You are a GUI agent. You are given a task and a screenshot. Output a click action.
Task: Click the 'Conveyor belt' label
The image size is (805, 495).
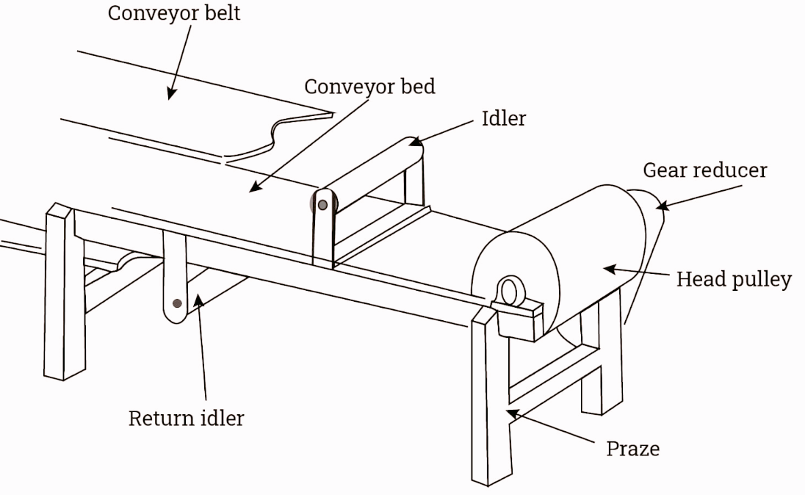[173, 13]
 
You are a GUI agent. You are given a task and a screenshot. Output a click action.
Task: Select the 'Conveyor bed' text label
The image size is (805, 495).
[369, 87]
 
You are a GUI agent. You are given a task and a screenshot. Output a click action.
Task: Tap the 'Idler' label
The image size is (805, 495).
[504, 119]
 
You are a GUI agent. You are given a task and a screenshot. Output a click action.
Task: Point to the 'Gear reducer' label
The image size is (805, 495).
[705, 170]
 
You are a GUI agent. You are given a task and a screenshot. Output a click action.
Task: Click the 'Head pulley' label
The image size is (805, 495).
[734, 280]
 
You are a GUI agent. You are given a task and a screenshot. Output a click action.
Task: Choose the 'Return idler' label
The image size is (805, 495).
[186, 418]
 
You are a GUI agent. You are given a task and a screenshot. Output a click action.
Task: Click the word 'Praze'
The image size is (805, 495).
[632, 449]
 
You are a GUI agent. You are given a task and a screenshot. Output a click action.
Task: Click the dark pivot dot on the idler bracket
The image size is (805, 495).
[322, 205]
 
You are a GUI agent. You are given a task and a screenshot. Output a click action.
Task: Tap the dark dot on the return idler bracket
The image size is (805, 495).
[177, 303]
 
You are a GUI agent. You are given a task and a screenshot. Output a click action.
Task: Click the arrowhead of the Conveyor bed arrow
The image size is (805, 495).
[256, 187]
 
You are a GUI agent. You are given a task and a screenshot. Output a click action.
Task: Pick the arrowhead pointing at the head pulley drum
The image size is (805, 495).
[610, 269]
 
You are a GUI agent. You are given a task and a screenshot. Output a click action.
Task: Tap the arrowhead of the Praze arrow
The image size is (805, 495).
[513, 414]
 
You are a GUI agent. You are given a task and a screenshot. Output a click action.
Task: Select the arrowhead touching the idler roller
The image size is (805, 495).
[415, 141]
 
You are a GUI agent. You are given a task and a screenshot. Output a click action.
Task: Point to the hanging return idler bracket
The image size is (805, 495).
[175, 278]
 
